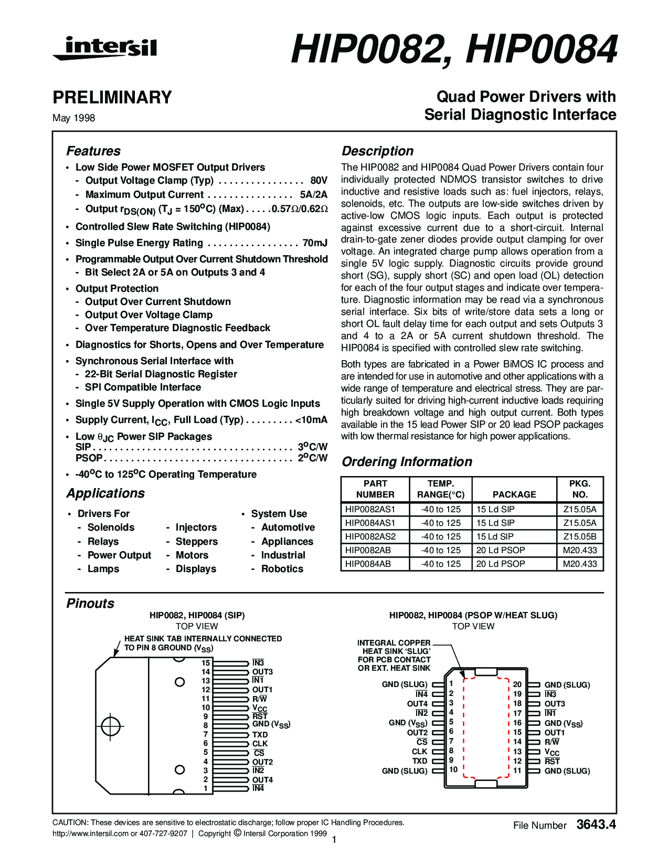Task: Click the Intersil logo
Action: tap(104, 48)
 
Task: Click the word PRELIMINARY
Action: tap(112, 98)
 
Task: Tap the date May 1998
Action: tap(73, 118)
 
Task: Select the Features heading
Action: tap(93, 151)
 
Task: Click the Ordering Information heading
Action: tap(407, 462)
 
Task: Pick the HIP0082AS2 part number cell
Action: tap(370, 536)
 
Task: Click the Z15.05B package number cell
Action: tap(580, 536)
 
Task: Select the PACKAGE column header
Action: tap(514, 494)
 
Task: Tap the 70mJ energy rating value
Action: tap(315, 243)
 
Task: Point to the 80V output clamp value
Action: tap(318, 181)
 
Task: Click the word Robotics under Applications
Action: tap(282, 569)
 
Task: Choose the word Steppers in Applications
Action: tap(197, 542)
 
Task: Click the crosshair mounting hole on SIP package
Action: tap(111, 726)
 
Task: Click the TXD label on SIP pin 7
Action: tap(260, 735)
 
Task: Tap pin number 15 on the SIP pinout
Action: tap(206, 663)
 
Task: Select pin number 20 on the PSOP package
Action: tap(517, 684)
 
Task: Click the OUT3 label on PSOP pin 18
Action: tap(555, 704)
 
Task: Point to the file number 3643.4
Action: tap(596, 825)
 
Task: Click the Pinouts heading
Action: tap(90, 604)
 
